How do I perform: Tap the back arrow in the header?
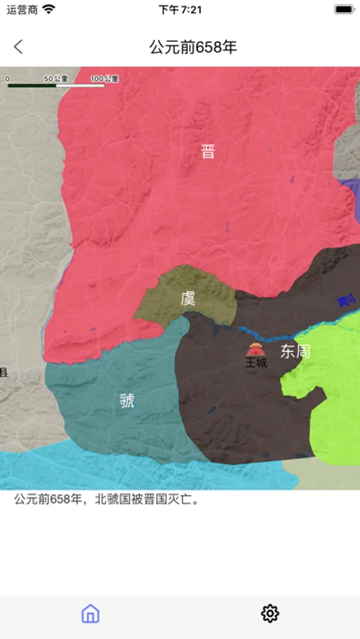[18, 47]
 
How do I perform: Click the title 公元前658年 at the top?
[193, 48]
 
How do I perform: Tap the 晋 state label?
[207, 151]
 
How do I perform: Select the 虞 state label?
[187, 298]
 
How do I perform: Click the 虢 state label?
[127, 400]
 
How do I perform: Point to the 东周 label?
[295, 351]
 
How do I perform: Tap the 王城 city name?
[256, 364]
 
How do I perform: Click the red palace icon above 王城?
[256, 349]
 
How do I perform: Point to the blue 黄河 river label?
[347, 301]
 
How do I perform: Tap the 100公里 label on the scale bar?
[104, 79]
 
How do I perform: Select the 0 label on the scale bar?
[7, 79]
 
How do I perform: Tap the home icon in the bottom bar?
[90, 613]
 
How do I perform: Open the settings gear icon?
[270, 613]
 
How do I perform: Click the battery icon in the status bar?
[344, 10]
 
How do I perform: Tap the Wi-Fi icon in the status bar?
[48, 10]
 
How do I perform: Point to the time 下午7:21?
[180, 10]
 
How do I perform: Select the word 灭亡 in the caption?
[182, 500]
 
